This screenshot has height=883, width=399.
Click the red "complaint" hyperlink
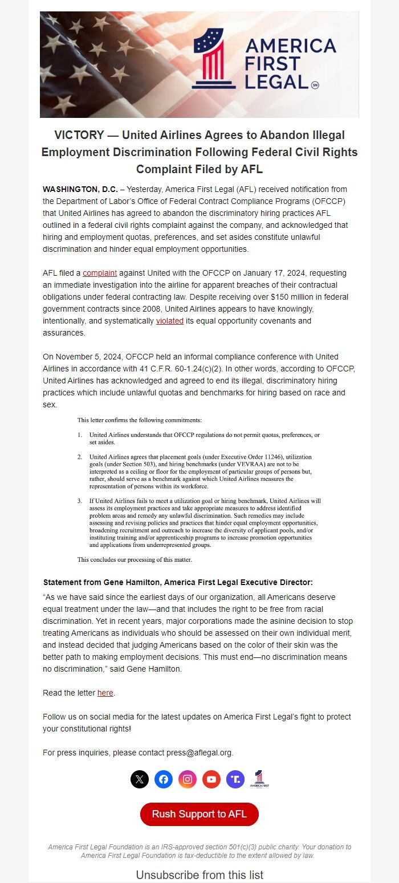[100, 273]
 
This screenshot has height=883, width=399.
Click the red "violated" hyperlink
[170, 321]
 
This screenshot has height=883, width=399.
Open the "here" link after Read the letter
[105, 693]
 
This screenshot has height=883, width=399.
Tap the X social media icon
[140, 779]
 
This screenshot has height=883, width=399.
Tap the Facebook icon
[164, 779]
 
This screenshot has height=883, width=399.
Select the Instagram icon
[188, 779]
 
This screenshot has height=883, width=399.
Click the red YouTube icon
[211, 779]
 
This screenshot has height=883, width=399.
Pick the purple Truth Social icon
[235, 779]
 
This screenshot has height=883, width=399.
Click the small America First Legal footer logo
[259, 779]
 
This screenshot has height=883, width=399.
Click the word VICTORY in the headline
[79, 136]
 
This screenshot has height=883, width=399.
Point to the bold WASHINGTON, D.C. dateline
[80, 189]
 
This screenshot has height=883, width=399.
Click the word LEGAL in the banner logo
[276, 81]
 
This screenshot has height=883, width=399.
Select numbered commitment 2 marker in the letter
[80, 457]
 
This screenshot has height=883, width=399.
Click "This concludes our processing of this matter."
[135, 559]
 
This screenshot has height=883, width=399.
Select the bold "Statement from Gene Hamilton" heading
[178, 582]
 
